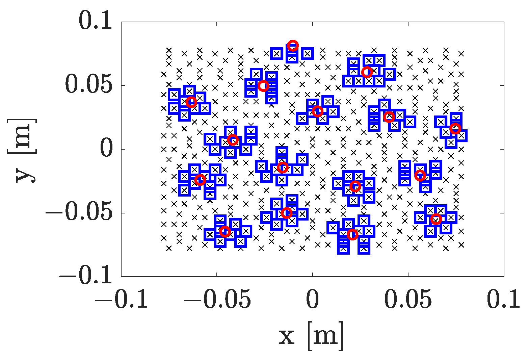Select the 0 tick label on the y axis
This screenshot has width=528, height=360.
(x=106, y=149)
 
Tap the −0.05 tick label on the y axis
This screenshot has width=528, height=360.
(x=79, y=212)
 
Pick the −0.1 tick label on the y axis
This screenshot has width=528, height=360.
(x=86, y=276)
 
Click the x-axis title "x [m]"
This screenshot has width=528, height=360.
(x=311, y=336)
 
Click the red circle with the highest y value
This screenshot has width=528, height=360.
(x=293, y=45)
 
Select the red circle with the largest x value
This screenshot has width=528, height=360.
(x=455, y=128)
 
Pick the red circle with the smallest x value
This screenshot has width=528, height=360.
(x=191, y=102)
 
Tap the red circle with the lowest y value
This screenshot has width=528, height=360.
(x=352, y=234)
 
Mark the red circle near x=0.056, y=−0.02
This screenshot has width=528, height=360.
(x=420, y=175)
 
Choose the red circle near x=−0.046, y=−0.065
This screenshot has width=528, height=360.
(x=225, y=232)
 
